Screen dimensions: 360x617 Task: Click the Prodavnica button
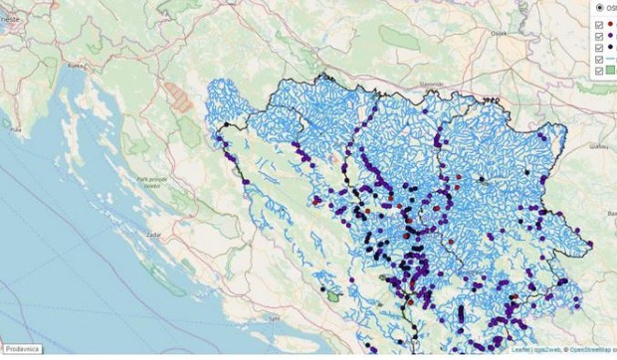[x=20, y=349]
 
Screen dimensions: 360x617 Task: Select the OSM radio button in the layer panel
[x=599, y=7]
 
